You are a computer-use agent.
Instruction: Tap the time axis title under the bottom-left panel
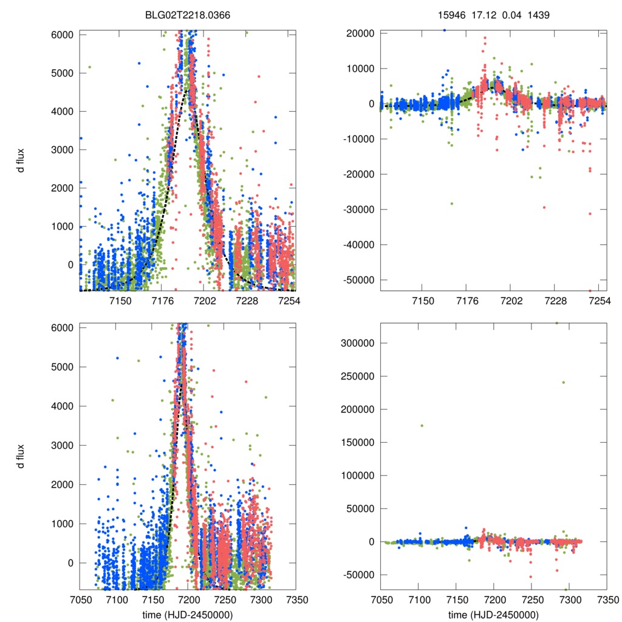coord(188,614)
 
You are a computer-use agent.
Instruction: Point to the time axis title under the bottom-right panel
coord(493,614)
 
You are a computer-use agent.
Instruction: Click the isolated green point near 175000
coord(422,425)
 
